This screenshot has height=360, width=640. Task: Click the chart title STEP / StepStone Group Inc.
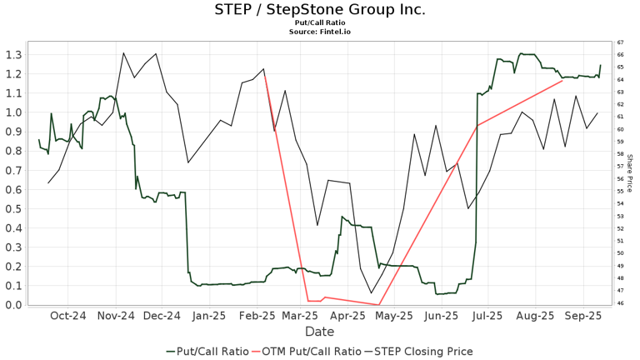(320, 10)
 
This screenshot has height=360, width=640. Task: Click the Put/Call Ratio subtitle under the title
(320, 24)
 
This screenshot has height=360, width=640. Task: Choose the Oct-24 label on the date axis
(68, 316)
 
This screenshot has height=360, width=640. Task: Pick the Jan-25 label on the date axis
(209, 316)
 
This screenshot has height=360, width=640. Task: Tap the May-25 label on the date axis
(395, 316)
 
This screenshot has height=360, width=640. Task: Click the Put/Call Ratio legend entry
(207, 351)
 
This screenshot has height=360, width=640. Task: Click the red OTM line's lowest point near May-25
(379, 304)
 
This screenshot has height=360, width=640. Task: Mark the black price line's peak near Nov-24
(123, 53)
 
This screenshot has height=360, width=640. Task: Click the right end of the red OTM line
(563, 80)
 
